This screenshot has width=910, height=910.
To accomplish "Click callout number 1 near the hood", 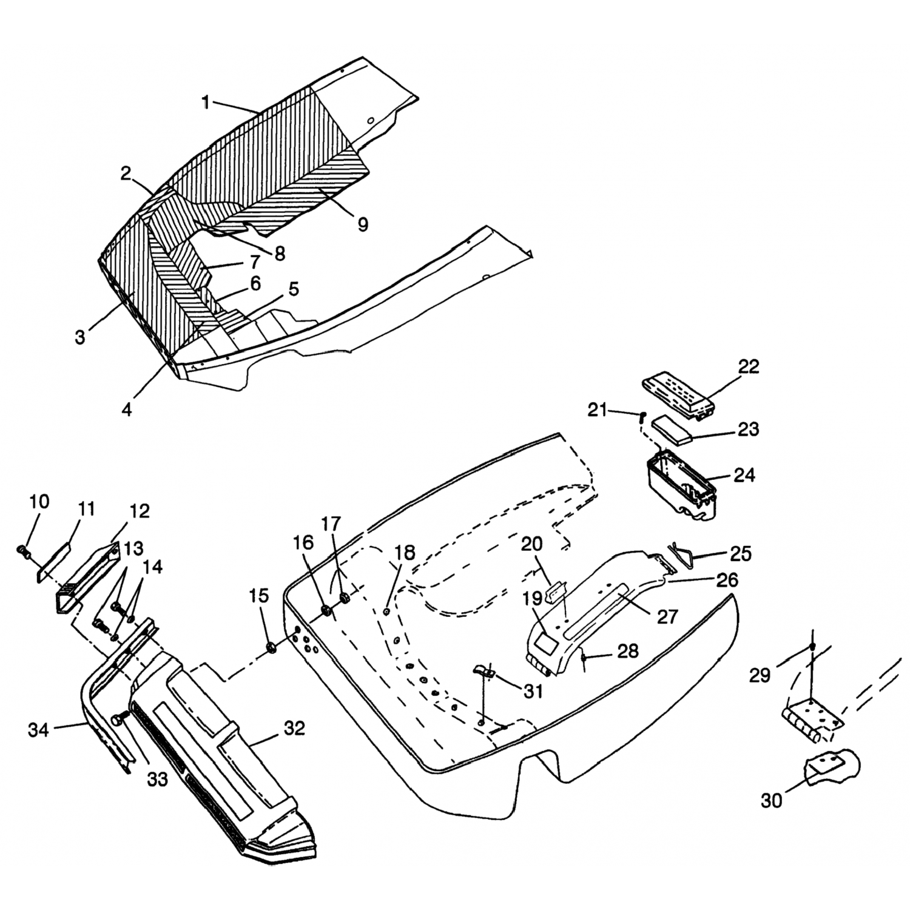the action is click(x=206, y=103).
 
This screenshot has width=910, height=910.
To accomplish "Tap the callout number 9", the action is click(x=362, y=224).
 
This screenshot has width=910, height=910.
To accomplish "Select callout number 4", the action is click(x=126, y=409).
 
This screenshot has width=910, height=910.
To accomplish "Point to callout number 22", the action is click(x=749, y=367).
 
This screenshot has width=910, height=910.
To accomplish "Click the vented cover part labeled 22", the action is click(x=678, y=394).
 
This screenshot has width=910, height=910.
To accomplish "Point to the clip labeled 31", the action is click(x=484, y=672).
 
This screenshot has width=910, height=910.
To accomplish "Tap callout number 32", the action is click(x=294, y=728).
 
